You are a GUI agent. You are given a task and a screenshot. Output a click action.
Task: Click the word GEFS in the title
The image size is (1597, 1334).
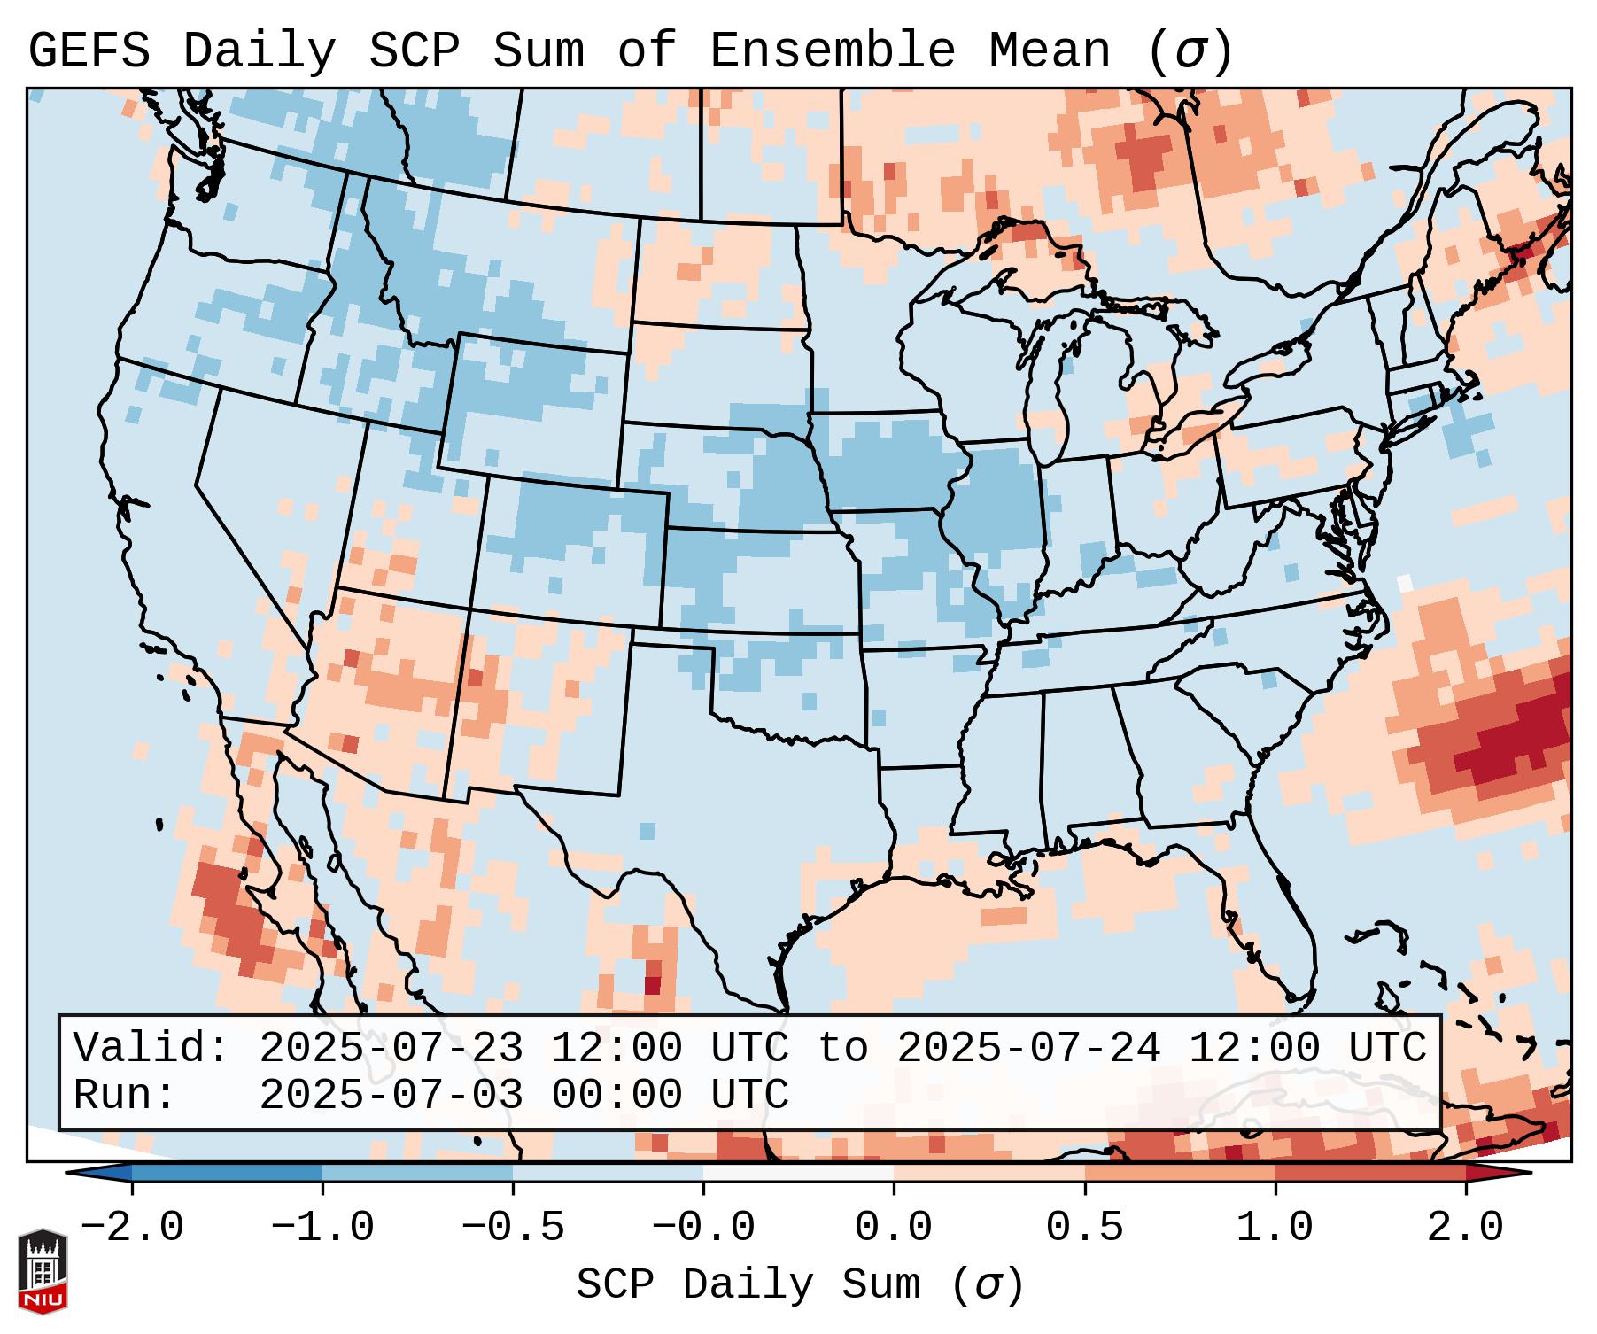coord(89,51)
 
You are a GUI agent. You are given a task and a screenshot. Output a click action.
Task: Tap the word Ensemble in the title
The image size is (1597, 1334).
coord(833,51)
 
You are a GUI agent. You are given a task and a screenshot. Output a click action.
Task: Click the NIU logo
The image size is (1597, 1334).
coord(43,1271)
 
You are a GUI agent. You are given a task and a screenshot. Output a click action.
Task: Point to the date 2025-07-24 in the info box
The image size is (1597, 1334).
coord(1027,1049)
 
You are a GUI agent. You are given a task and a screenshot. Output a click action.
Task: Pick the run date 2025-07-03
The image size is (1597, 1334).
coord(391,1096)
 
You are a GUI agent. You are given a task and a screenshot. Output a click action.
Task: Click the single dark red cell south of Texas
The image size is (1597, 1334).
coord(652,984)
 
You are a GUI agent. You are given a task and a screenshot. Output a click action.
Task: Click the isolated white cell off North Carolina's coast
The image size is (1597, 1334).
coord(1405,583)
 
